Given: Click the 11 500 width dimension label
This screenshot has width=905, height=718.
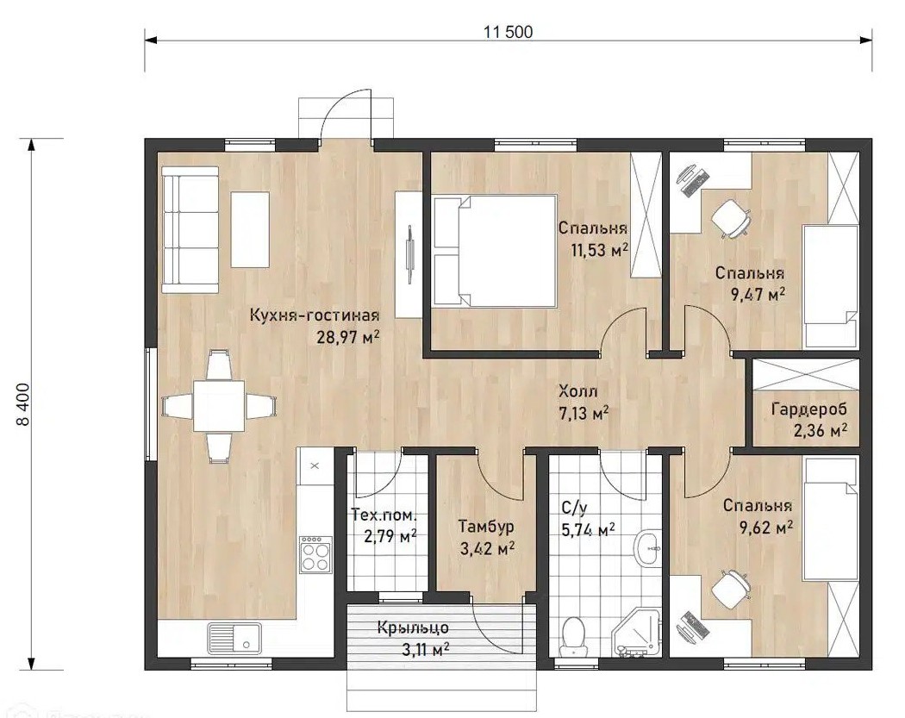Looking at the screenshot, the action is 508,31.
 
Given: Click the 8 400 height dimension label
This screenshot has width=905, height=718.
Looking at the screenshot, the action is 24,404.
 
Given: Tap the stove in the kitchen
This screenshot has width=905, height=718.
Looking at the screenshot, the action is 315,554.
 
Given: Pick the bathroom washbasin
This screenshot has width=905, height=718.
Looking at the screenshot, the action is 649,546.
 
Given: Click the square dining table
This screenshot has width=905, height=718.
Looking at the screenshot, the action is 218,406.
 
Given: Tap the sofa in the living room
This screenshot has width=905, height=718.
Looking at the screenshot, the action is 190,230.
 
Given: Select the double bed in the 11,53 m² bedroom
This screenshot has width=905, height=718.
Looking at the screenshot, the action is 495,250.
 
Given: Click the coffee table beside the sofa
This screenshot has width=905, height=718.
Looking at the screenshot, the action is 250,230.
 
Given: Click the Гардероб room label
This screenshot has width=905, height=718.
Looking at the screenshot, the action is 809,409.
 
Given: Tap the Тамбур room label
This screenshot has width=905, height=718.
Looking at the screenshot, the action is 486,527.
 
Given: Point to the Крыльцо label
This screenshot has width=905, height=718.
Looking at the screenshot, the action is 413,628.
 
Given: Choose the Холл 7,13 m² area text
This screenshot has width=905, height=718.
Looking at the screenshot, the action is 584,403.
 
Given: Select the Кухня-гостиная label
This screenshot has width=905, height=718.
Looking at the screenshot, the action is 315,315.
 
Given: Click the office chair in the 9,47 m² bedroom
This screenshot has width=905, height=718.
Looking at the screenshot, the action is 731,218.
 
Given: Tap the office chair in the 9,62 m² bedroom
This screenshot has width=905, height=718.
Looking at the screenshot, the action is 731,589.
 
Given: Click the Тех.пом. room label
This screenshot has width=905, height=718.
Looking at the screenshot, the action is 384,514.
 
